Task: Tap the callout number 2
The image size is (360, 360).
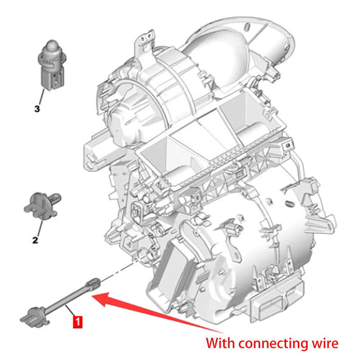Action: (x=35, y=240)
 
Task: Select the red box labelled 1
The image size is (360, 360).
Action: (x=77, y=321)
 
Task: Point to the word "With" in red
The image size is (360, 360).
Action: (x=220, y=343)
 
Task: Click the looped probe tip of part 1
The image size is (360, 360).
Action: (x=94, y=283)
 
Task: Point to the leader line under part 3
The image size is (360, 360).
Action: (x=41, y=95)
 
